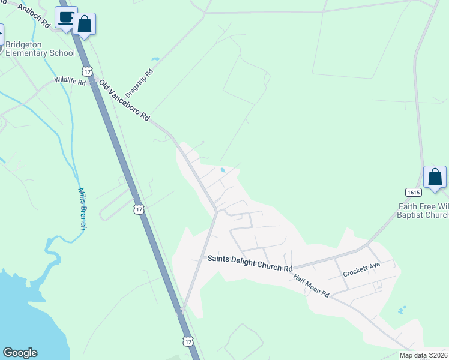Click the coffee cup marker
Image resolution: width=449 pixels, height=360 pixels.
tap(66, 17)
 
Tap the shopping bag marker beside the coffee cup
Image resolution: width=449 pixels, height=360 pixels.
tap(85, 25)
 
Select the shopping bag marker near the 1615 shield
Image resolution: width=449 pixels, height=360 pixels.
tap(435, 178)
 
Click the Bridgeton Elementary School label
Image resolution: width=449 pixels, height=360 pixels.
tap(40, 49)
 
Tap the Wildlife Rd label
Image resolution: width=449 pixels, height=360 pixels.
tap(70, 80)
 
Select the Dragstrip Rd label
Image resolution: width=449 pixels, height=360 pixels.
tap(144, 81)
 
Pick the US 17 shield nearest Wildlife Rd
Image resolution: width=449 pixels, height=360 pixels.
tap(88, 71)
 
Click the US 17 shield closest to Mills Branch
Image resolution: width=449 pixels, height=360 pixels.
tap(139, 209)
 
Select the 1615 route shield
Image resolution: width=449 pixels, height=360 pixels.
tap(413, 192)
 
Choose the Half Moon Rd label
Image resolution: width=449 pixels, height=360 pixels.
tap(312, 286)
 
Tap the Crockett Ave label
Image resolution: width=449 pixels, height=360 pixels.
tap(361, 270)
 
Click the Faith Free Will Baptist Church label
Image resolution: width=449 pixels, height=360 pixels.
tap(424, 211)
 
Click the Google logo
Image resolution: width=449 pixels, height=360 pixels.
tap(20, 353)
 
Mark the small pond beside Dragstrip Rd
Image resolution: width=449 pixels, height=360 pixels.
tap(156, 59)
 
